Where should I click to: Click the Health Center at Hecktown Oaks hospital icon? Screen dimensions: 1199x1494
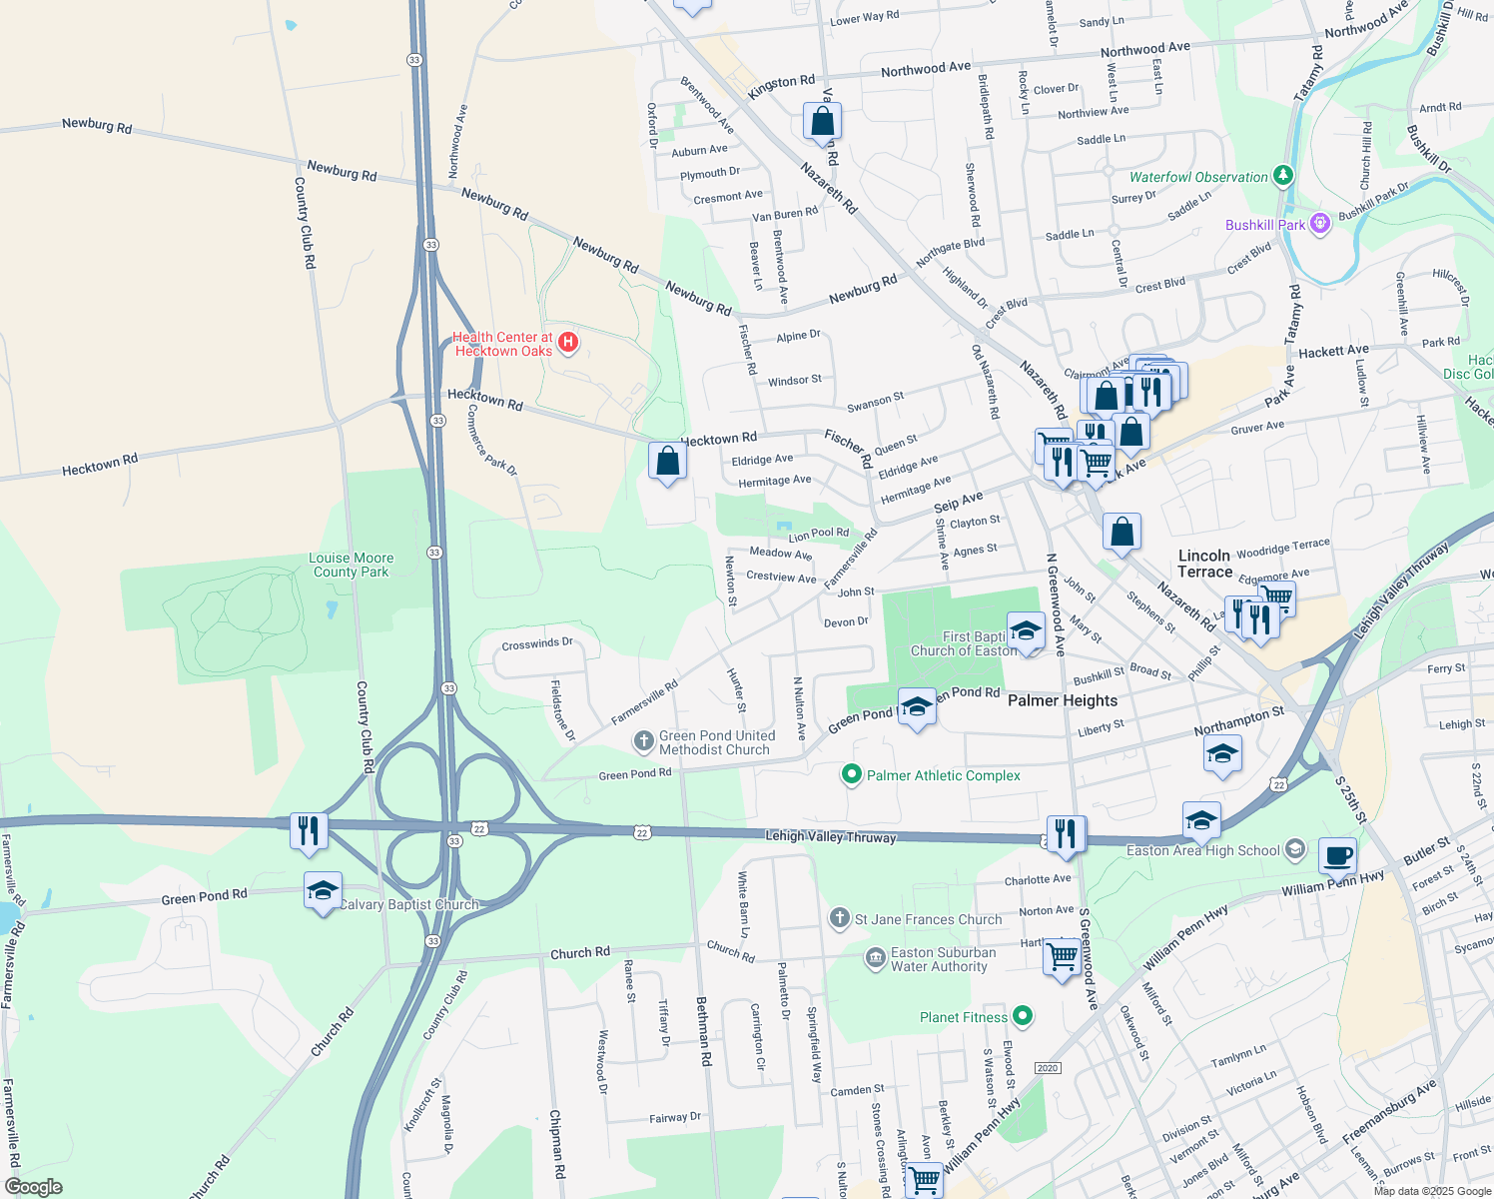tap(567, 343)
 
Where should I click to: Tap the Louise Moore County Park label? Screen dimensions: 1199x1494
tap(351, 566)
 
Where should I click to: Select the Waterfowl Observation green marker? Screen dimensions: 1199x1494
tap(1283, 177)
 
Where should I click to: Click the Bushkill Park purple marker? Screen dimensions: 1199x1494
tap(1320, 224)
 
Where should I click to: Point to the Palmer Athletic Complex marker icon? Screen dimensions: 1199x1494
tap(851, 774)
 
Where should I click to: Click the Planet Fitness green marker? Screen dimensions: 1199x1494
tap(1022, 1016)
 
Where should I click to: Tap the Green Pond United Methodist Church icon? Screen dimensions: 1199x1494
tap(644, 741)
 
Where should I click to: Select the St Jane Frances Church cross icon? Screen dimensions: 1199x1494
tap(840, 918)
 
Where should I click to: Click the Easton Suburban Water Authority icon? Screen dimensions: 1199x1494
tap(876, 958)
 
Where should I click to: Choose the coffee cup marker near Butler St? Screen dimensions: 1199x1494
tap(1337, 855)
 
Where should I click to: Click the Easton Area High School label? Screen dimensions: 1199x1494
tap(1202, 850)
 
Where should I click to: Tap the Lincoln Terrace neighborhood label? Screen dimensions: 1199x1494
tap(1204, 564)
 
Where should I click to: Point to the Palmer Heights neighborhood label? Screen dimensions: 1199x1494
tap(1062, 700)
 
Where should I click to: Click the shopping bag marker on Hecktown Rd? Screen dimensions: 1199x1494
tap(667, 461)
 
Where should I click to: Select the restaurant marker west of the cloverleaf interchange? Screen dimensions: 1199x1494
tap(309, 830)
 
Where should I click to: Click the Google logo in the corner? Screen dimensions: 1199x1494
tap(33, 1186)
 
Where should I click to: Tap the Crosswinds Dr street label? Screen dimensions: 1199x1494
tap(537, 644)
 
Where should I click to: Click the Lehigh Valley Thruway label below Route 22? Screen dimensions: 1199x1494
tap(830, 837)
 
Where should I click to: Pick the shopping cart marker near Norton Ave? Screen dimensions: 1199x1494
tap(1062, 956)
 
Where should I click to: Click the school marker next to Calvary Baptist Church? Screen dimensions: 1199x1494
tap(323, 890)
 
